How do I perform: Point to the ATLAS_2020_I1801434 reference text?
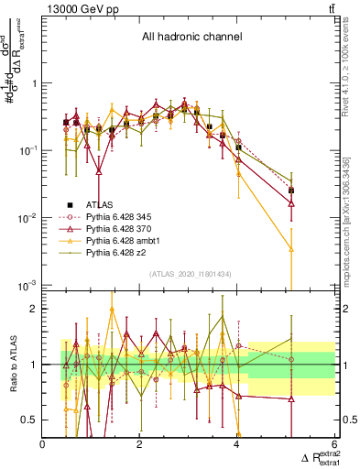[190, 275]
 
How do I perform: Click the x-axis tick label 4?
[237, 444]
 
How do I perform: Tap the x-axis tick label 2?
[140, 444]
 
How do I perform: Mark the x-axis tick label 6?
[334, 444]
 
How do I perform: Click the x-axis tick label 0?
[43, 444]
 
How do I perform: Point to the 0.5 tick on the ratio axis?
[29, 420]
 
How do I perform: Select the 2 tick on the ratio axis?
[33, 309]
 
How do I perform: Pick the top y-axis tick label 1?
[33, 83]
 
